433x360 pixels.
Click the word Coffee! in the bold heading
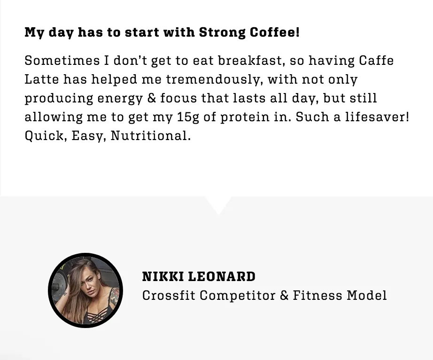(275, 32)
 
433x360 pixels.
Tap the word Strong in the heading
(222, 33)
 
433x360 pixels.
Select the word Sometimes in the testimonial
(62, 60)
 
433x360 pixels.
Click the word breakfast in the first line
(250, 60)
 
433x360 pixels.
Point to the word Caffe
(376, 60)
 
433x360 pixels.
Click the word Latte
(42, 79)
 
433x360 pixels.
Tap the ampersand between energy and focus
(152, 98)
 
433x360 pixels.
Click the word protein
(245, 117)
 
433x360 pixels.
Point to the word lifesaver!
(377, 117)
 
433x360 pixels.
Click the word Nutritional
(150, 136)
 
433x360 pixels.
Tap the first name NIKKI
(162, 276)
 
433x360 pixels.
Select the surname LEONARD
(222, 276)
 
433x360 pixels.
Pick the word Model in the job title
(367, 295)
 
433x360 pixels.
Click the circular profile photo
(85, 290)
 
